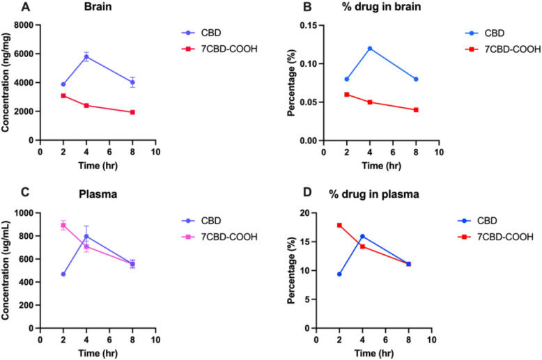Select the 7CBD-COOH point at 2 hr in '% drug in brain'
pyautogui.click(x=346, y=94)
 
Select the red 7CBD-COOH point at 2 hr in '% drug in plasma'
pyautogui.click(x=339, y=225)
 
